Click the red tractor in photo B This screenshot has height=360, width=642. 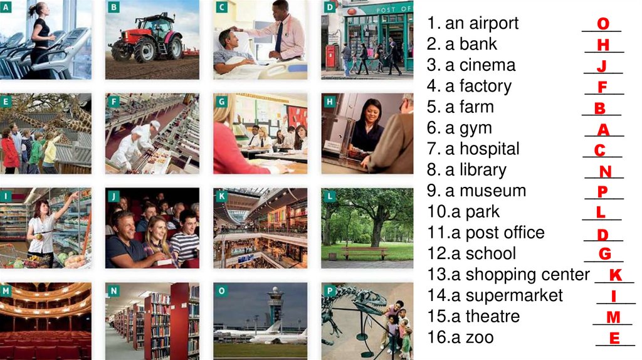tap(147, 40)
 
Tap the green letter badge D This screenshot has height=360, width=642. tap(330, 6)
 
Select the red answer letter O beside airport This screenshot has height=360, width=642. tap(603, 24)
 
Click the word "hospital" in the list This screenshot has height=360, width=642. tap(490, 149)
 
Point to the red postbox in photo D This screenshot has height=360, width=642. tap(330, 56)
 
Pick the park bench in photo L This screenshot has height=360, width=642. tap(364, 253)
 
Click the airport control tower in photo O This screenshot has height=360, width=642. tap(275, 305)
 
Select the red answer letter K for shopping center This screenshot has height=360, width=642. tap(616, 275)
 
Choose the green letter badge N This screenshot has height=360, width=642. tap(114, 291)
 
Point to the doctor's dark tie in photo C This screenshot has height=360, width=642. tap(279, 37)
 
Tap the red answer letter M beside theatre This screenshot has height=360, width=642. tap(613, 317)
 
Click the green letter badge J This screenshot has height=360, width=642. tap(114, 196)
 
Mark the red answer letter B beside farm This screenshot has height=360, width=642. tap(600, 108)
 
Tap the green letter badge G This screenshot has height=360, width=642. tap(222, 101)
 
